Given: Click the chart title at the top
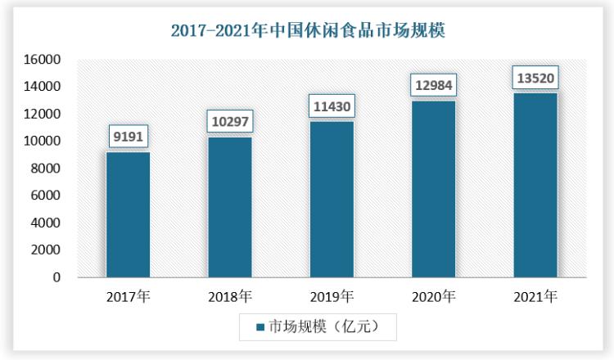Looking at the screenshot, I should click(307, 32).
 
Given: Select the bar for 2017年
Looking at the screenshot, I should click(128, 214).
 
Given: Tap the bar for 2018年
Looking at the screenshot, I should click(230, 207).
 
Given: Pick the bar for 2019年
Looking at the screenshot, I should click(332, 199).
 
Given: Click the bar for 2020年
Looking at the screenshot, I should click(434, 188).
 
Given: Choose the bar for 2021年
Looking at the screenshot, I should click(535, 185).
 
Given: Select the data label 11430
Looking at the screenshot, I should click(332, 106).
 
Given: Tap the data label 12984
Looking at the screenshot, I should click(434, 85).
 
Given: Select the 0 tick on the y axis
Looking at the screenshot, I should click(57, 277).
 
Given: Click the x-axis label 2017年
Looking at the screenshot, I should click(128, 296).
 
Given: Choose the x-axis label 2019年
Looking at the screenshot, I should click(332, 296).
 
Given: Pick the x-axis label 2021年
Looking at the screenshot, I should click(535, 296).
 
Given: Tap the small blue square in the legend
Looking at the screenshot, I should click(260, 327).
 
